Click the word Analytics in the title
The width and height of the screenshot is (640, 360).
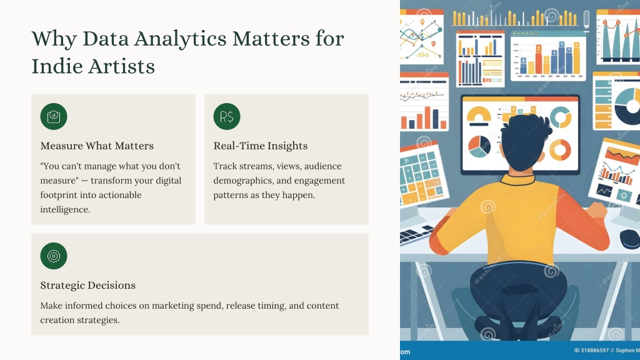click(181, 39)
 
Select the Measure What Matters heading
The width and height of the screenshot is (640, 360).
click(97, 146)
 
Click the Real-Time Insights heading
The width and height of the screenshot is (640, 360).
click(261, 146)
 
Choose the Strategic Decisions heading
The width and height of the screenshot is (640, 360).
click(87, 285)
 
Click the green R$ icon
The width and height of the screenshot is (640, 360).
click(227, 117)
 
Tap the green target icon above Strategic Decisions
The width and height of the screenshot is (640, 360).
click(54, 256)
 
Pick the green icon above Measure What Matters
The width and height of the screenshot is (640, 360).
click(54, 117)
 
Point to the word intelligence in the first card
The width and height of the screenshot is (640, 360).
click(65, 209)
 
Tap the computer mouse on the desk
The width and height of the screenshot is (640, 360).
click(630, 238)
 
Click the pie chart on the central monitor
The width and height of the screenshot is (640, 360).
click(479, 146)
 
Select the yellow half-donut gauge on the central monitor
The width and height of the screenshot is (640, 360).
click(479, 114)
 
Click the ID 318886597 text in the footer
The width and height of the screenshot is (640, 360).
click(591, 351)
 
